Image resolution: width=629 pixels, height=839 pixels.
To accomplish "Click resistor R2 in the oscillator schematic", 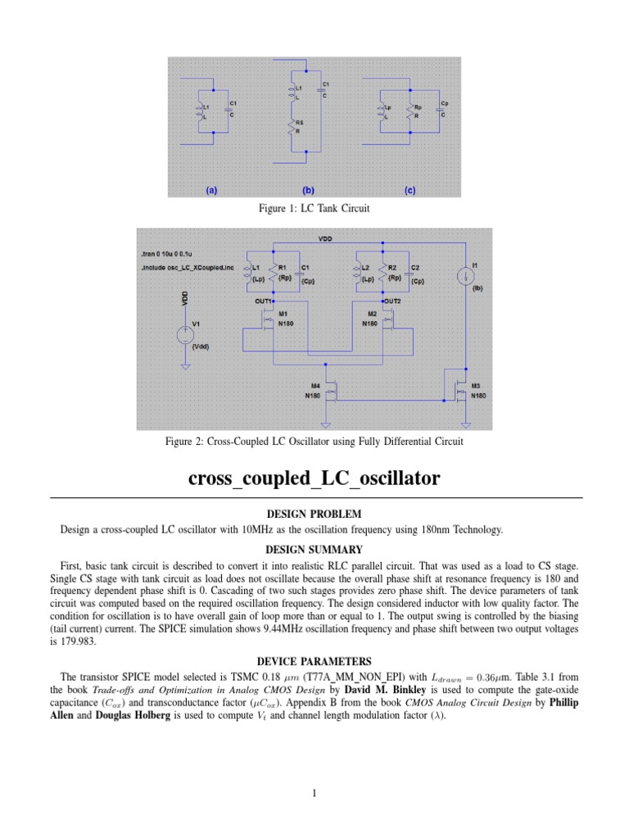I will (385, 273).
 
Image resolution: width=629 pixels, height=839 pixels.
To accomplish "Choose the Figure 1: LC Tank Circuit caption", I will (314, 209).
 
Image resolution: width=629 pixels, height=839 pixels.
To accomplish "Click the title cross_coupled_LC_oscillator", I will (314, 478).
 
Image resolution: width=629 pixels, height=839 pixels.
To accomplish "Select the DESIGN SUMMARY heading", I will (314, 549).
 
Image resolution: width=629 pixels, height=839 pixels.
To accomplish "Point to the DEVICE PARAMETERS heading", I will (314, 660).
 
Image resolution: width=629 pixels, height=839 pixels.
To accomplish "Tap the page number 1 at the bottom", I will (314, 793).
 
